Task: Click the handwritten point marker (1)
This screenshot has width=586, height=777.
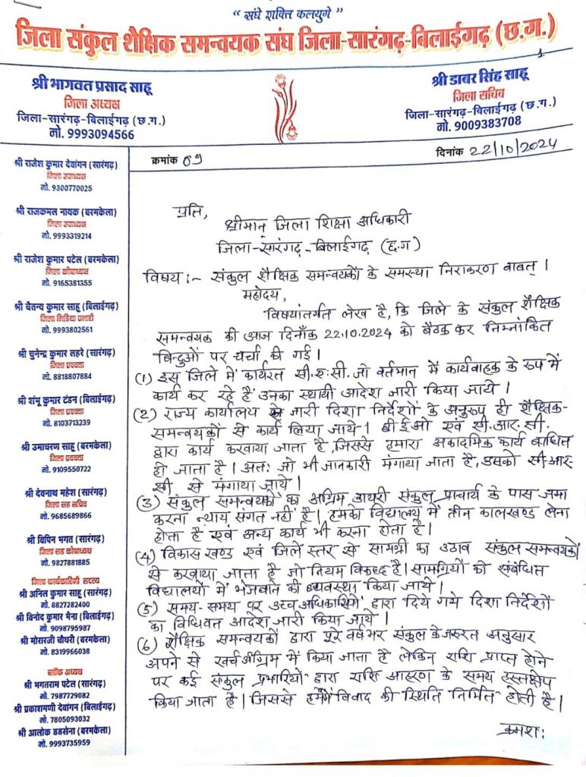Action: coord(145,376)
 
